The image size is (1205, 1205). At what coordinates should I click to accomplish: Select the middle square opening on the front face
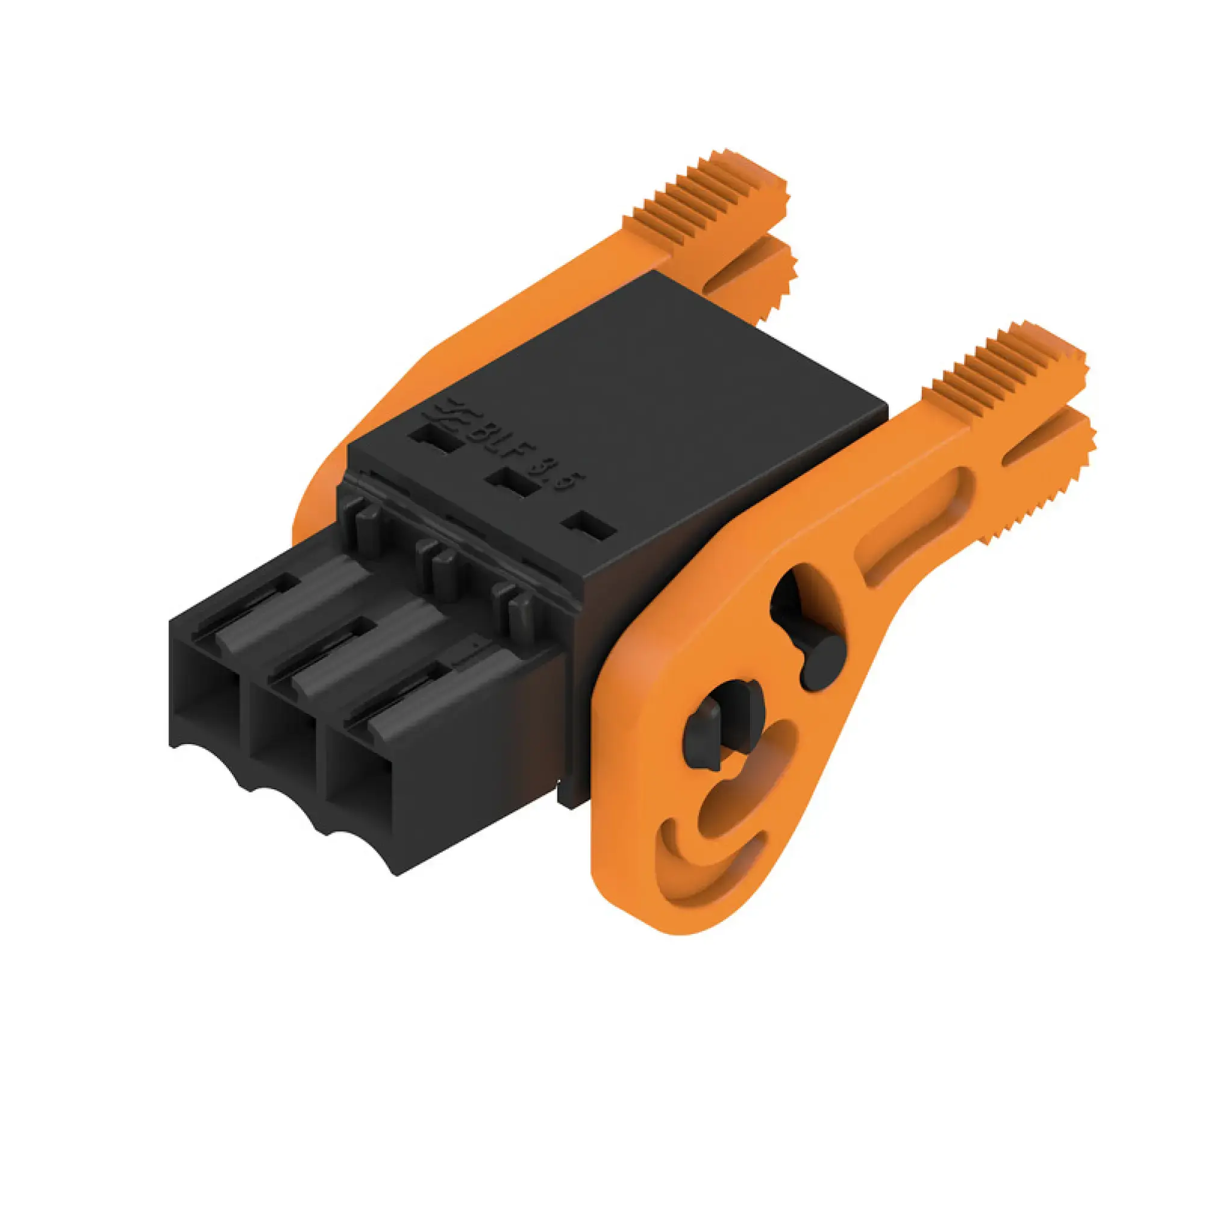[x=284, y=751]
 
